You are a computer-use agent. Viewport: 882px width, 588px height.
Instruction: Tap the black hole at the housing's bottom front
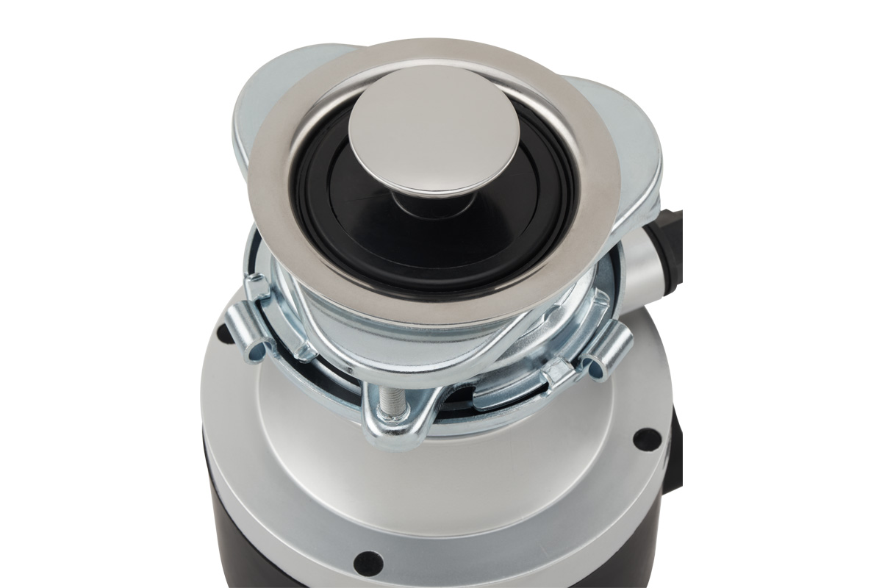[367, 562]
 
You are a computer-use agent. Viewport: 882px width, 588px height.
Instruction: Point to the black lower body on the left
[228, 514]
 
